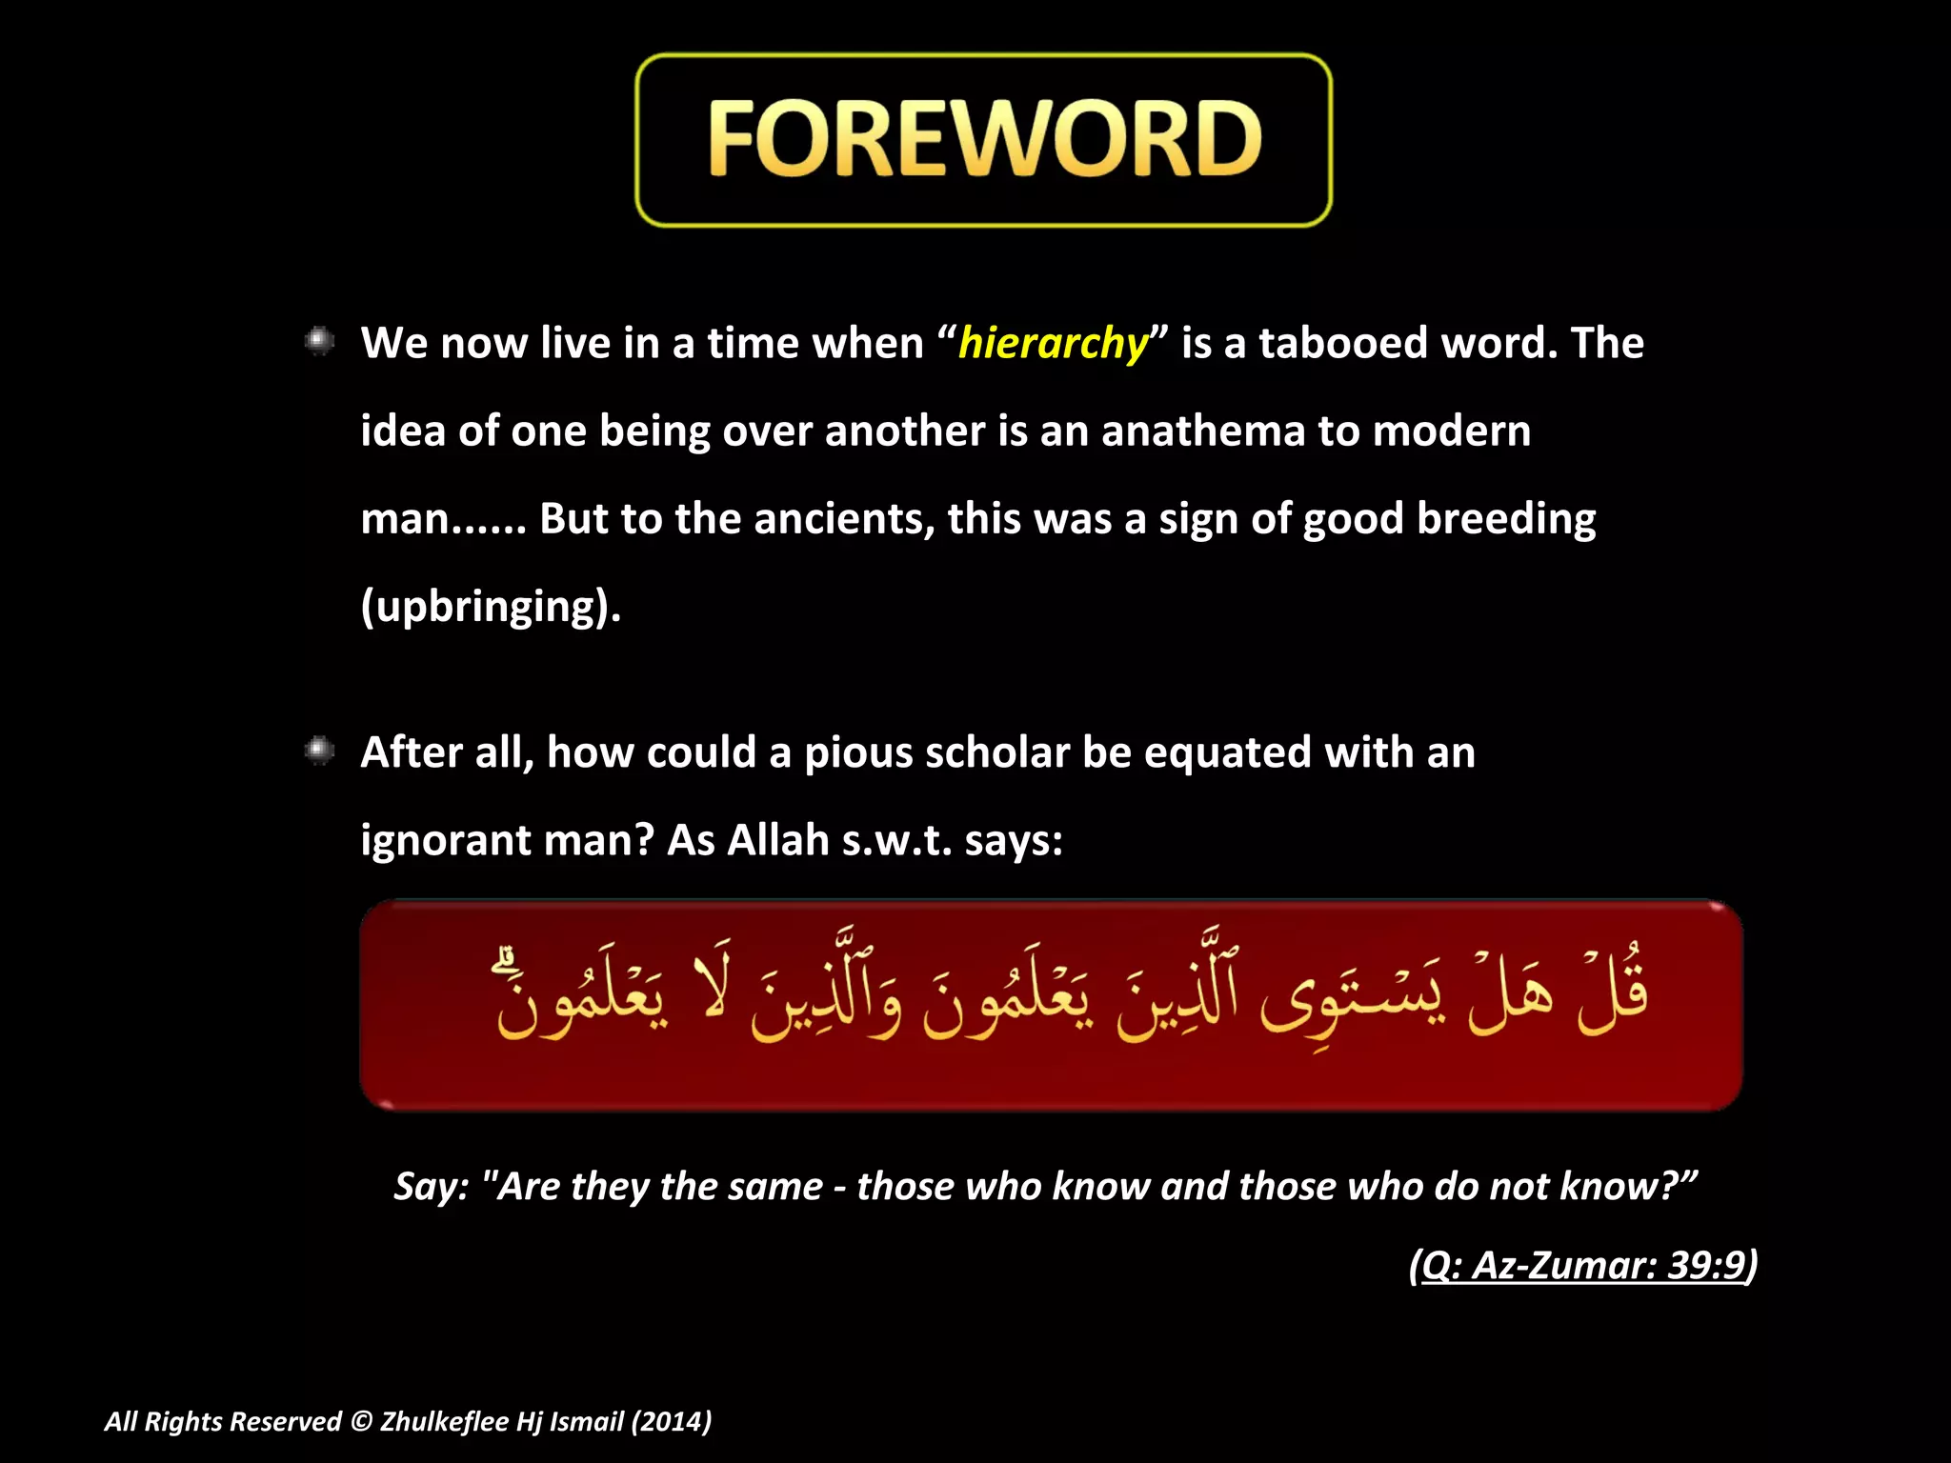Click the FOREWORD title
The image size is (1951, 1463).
[984, 140]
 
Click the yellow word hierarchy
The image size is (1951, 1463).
[1053, 343]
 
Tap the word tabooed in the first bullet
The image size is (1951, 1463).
[1343, 343]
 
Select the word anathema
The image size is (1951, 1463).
[1204, 431]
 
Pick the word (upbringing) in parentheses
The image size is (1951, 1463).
[491, 607]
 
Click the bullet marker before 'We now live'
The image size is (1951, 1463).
[319, 341]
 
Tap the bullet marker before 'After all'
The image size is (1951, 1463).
[319, 752]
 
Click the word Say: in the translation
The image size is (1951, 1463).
[432, 1187]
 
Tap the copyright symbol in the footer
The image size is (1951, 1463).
[360, 1422]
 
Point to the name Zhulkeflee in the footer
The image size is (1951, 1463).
[444, 1422]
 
